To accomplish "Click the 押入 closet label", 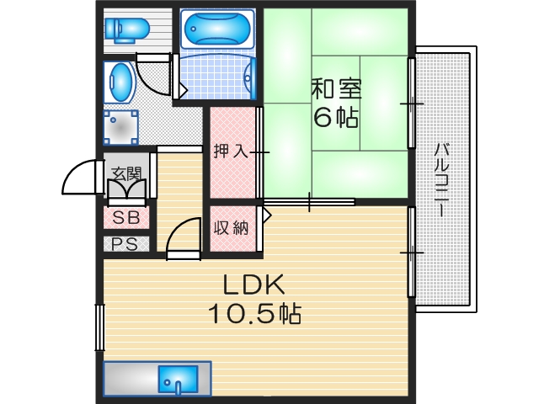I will (x=229, y=152).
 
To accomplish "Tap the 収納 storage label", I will (x=230, y=227).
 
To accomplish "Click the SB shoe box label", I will (x=126, y=217).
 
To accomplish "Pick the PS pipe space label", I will (x=126, y=245).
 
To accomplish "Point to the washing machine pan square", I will (x=121, y=128).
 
